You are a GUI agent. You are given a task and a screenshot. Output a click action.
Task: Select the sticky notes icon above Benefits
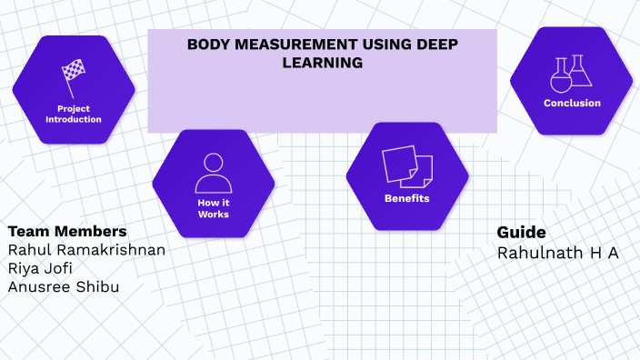tap(406, 166)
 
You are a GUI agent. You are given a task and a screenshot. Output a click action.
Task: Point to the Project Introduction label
tap(73, 114)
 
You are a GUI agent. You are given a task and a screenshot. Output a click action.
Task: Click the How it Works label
tap(213, 208)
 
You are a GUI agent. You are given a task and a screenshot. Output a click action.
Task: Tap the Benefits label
tap(406, 198)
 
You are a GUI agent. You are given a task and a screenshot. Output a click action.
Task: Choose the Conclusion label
tap(572, 103)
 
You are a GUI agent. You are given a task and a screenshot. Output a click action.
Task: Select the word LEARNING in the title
tap(324, 63)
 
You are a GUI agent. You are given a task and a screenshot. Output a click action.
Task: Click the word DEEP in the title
tap(438, 45)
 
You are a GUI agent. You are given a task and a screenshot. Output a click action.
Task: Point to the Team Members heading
tap(66, 230)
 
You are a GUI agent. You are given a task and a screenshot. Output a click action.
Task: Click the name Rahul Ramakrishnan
tap(86, 250)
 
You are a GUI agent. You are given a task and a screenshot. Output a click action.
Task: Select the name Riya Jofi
tap(42, 268)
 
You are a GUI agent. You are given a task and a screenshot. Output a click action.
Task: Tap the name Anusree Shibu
tap(63, 286)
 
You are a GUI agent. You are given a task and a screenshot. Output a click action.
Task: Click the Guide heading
tap(521, 232)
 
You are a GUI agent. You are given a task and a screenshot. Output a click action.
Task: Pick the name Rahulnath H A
tap(557, 252)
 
